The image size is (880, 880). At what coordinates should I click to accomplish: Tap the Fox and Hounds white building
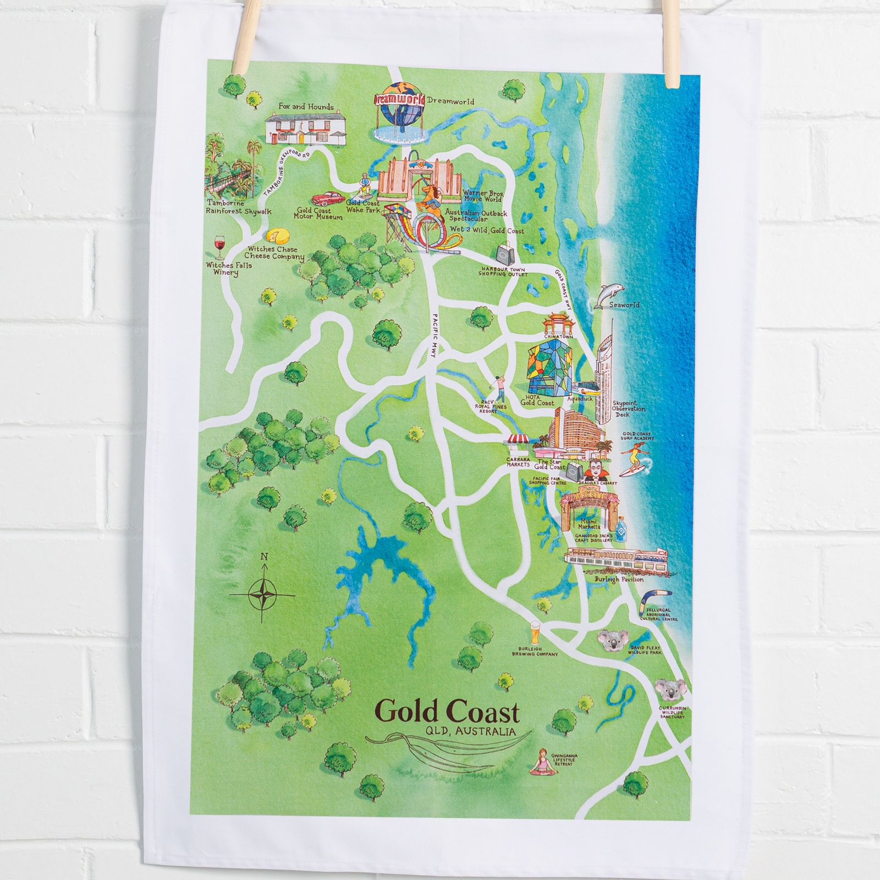305,128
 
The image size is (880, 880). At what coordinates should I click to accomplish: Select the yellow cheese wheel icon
278,237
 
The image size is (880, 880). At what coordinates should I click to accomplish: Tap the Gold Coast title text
447,712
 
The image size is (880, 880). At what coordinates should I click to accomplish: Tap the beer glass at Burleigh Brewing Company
535,632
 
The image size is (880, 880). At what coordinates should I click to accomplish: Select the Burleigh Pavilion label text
618,579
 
